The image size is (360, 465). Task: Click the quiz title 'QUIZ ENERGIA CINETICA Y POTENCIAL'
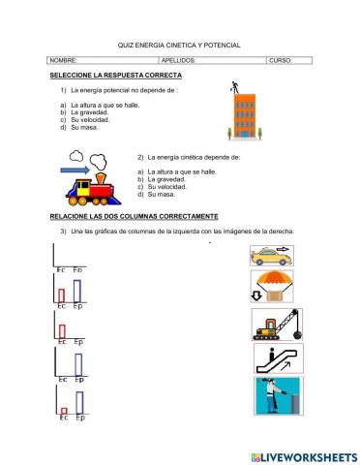click(179, 45)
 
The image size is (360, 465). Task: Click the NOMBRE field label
click(63, 60)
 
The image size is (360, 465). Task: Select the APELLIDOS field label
click(178, 60)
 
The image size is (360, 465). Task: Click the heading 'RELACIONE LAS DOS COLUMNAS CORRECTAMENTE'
click(134, 215)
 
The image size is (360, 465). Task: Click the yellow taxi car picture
click(270, 256)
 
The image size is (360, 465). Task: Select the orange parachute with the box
click(270, 288)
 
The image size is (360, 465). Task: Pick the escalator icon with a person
click(272, 359)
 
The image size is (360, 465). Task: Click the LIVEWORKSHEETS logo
click(303, 455)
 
